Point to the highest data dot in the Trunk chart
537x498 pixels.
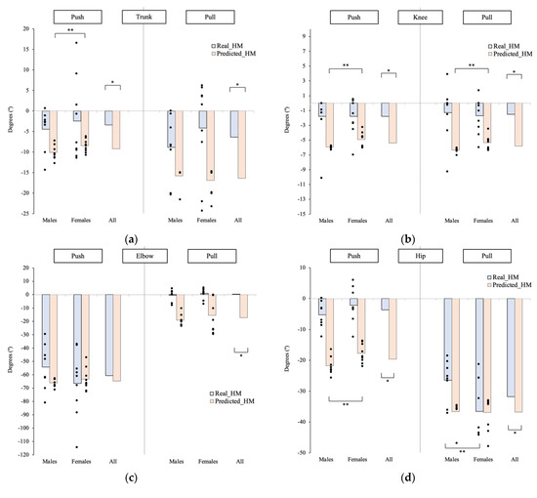pyautogui.click(x=76, y=43)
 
